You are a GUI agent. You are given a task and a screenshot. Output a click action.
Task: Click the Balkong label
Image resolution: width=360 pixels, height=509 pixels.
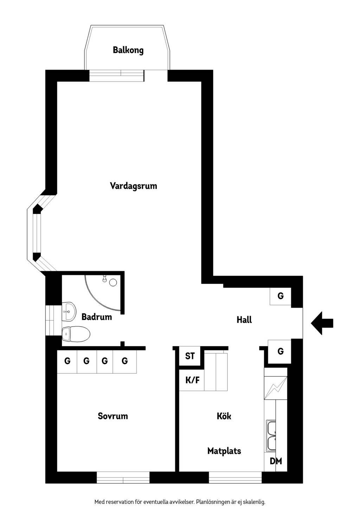[128, 50]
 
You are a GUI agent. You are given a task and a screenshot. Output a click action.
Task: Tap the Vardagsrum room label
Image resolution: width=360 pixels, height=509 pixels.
[133, 186]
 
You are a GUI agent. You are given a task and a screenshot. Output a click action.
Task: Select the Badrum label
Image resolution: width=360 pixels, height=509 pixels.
[97, 317]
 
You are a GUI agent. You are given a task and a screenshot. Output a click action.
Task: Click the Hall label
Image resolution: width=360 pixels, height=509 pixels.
[244, 320]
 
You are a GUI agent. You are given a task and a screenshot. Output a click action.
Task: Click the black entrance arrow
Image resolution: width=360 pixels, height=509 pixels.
[322, 323]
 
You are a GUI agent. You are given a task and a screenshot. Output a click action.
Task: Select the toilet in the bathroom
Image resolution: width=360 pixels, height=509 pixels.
[76, 334]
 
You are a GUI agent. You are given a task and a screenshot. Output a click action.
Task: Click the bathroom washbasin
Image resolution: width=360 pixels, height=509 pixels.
[69, 312]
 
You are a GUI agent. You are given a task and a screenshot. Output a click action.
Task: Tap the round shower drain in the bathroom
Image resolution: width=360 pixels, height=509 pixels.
[113, 283]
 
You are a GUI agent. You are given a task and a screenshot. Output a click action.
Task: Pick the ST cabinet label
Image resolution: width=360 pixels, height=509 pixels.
[190, 356]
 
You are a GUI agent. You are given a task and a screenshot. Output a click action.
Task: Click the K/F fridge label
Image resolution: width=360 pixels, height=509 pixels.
[193, 380]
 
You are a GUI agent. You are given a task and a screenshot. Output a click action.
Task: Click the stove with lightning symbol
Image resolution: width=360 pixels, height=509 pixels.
[276, 388]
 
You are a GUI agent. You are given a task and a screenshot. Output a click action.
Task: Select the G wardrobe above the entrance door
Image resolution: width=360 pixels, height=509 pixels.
[281, 296]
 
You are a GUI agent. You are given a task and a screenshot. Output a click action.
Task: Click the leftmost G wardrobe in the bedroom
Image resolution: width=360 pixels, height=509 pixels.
[67, 361]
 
